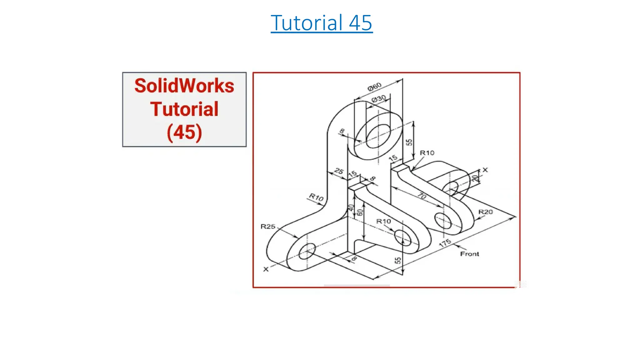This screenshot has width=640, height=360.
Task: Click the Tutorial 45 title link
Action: click(x=322, y=23)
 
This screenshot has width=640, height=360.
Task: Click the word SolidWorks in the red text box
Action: click(x=184, y=86)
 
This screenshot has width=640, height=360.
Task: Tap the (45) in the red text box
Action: click(x=184, y=132)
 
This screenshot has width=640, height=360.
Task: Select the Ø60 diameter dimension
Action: click(x=374, y=86)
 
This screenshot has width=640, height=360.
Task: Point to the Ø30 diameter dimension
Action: click(x=378, y=99)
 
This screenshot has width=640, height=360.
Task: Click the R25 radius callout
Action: click(x=268, y=227)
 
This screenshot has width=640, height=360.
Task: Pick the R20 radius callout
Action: click(x=486, y=212)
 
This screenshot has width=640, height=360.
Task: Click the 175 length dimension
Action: click(x=445, y=243)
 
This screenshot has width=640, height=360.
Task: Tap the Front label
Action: click(x=469, y=254)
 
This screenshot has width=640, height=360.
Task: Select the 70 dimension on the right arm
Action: click(x=422, y=196)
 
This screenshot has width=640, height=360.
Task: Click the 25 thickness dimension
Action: click(x=339, y=171)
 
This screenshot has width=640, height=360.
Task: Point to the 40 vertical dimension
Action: click(x=351, y=208)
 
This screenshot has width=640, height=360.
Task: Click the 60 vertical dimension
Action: click(x=360, y=212)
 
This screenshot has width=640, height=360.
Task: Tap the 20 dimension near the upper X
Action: click(x=475, y=179)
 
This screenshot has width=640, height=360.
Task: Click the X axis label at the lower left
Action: click(x=266, y=269)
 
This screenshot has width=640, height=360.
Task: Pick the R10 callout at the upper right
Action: click(x=427, y=153)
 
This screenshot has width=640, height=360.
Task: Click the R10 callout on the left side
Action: click(x=316, y=197)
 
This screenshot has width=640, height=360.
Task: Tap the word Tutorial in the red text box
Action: click(x=184, y=109)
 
